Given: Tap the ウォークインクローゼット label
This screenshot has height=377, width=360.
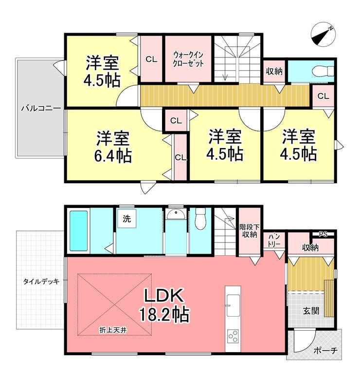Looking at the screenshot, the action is click(188, 59).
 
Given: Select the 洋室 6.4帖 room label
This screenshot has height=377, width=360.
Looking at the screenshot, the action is click(113, 147).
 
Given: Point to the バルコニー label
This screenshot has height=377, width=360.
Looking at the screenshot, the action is click(41, 109).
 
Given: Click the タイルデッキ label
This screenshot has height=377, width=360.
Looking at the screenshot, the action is click(41, 282).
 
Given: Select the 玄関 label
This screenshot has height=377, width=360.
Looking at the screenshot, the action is click(311, 311).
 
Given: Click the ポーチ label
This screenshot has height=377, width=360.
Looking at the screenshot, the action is click(325, 351).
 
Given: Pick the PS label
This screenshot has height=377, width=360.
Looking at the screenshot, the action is click(323, 234).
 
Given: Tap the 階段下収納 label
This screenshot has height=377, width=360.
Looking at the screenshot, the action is click(250, 231).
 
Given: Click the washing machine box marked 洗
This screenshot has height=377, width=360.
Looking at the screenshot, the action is click(126, 219).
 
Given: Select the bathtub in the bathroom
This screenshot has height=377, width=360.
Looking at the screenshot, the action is click(78, 231).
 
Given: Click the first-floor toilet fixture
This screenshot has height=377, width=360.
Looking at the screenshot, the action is click(200, 219).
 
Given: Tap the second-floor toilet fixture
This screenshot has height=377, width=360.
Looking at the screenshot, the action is click(323, 71).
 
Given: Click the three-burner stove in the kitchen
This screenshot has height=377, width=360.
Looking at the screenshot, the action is click(233, 336).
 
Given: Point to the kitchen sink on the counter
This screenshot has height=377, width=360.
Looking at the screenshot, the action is click(233, 305).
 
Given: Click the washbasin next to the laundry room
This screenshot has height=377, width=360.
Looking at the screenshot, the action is click(176, 214).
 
